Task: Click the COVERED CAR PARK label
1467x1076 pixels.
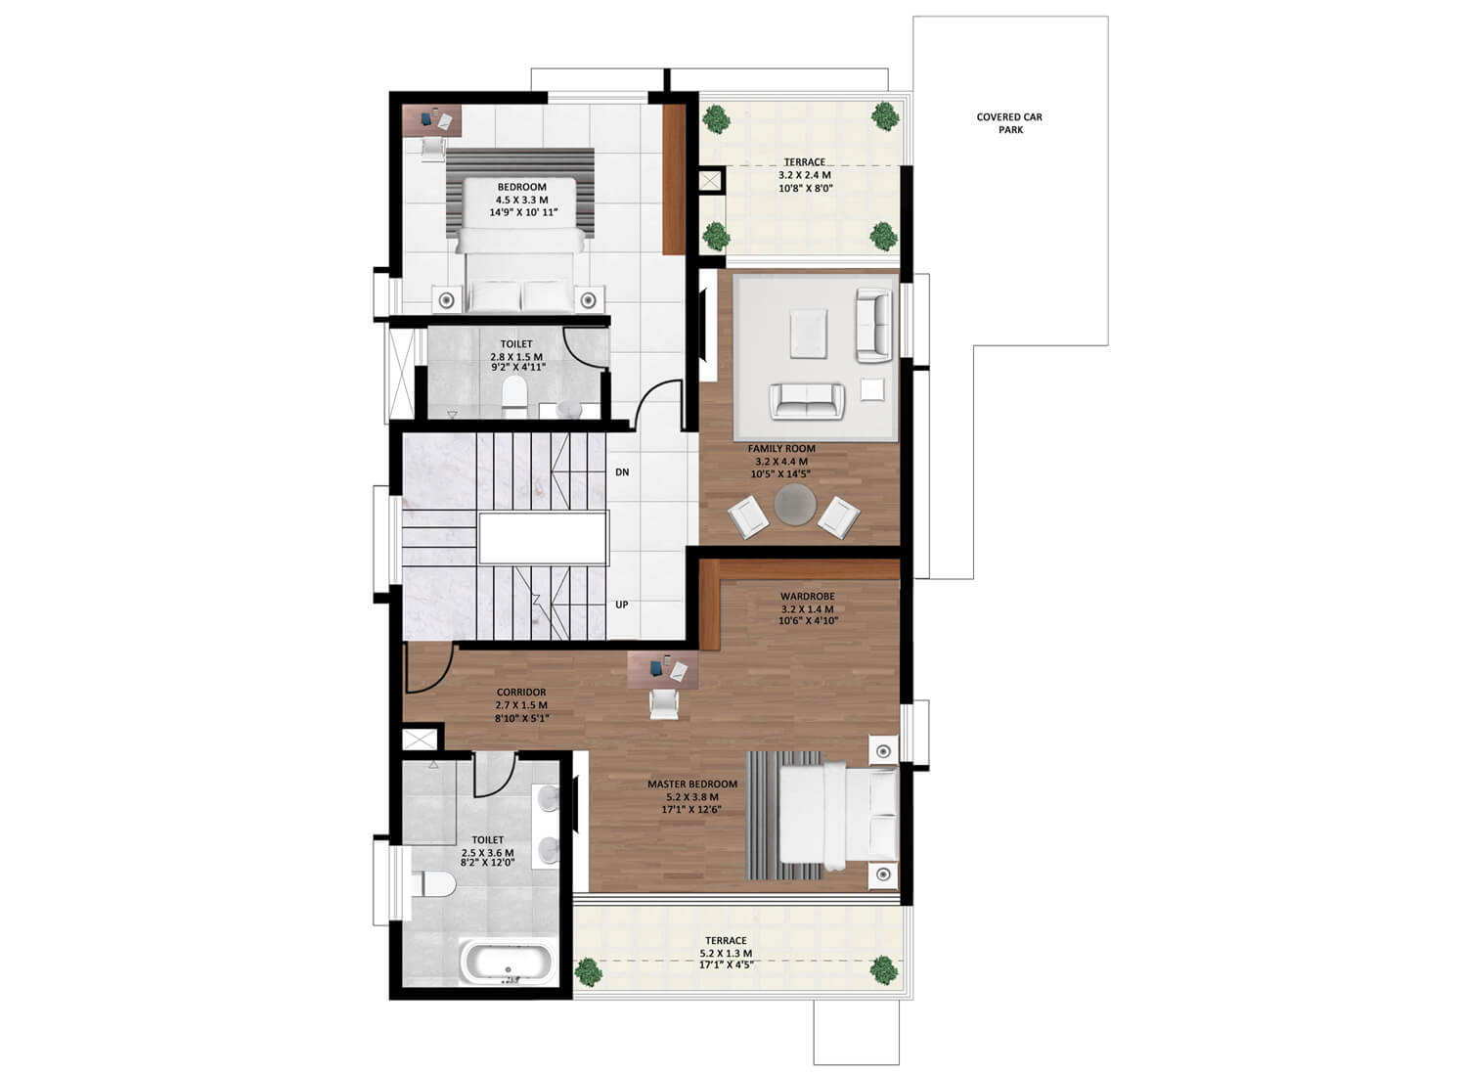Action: [x=1009, y=123]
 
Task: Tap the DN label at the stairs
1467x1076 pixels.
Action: [x=622, y=471]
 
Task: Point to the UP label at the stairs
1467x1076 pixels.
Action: [x=621, y=605]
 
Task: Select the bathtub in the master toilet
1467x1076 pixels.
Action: [x=508, y=963]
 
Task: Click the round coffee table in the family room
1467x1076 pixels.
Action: [x=795, y=505]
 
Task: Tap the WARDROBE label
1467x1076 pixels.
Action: [x=808, y=597]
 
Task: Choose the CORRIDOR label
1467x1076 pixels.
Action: [x=521, y=693]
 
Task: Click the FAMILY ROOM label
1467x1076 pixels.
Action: [x=782, y=449]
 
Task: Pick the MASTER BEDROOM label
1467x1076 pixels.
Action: [x=692, y=784]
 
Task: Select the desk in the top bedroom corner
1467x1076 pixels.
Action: [x=431, y=120]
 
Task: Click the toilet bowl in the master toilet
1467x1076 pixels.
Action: [x=433, y=883]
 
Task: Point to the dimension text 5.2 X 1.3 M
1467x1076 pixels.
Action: [x=726, y=954]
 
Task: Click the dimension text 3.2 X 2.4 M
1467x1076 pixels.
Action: [x=804, y=175]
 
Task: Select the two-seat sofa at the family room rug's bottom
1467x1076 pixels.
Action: [x=807, y=401]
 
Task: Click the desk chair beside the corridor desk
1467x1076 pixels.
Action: [x=664, y=704]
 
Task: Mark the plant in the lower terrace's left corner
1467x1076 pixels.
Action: [x=588, y=972]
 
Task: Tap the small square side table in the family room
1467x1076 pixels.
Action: [x=871, y=389]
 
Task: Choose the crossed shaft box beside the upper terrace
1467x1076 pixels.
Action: [x=710, y=180]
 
